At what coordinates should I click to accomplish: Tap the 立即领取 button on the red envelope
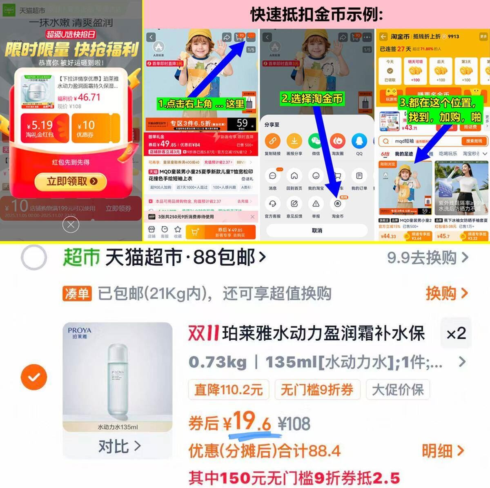coord(71,182)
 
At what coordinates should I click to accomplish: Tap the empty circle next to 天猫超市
coord(34,257)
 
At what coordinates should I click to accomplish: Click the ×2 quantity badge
coord(456,333)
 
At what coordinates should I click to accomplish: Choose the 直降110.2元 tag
coord(228,390)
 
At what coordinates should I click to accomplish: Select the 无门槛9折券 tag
coord(317,390)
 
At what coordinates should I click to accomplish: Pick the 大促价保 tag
coord(398,390)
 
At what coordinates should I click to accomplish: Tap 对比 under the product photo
coord(119,446)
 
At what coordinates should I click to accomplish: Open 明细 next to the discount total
coord(443,451)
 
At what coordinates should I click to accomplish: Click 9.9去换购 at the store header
coord(427,257)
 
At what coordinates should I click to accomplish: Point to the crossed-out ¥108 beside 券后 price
coord(294,424)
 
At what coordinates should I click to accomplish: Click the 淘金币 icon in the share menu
coord(338,204)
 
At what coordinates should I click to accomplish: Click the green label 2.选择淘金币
coord(312,98)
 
